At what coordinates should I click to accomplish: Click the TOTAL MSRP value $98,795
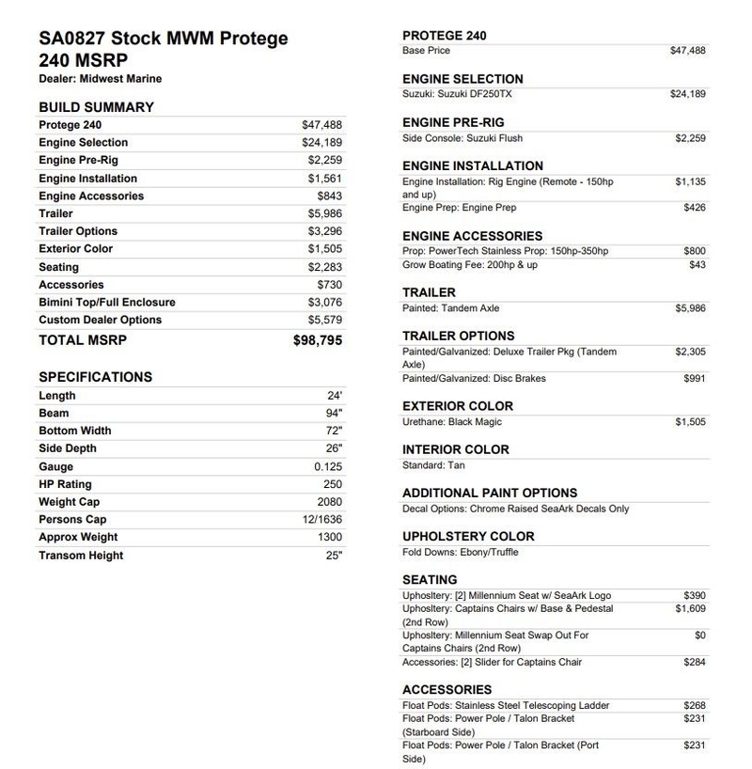318,340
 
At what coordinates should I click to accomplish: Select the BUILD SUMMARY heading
96,107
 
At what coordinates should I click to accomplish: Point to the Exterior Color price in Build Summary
325,249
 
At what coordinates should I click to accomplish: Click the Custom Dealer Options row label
100,320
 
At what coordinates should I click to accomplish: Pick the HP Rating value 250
333,484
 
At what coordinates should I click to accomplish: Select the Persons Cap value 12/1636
323,520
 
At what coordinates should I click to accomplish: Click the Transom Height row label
81,556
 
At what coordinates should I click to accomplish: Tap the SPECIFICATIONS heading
95,377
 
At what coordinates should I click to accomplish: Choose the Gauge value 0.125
328,466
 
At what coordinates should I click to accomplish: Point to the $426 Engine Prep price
695,208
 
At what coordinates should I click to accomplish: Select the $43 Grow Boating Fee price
697,265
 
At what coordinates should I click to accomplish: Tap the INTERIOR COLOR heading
456,449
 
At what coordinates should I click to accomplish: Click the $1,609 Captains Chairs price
691,608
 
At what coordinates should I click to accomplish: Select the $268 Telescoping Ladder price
695,705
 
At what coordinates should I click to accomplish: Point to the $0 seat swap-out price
700,636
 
